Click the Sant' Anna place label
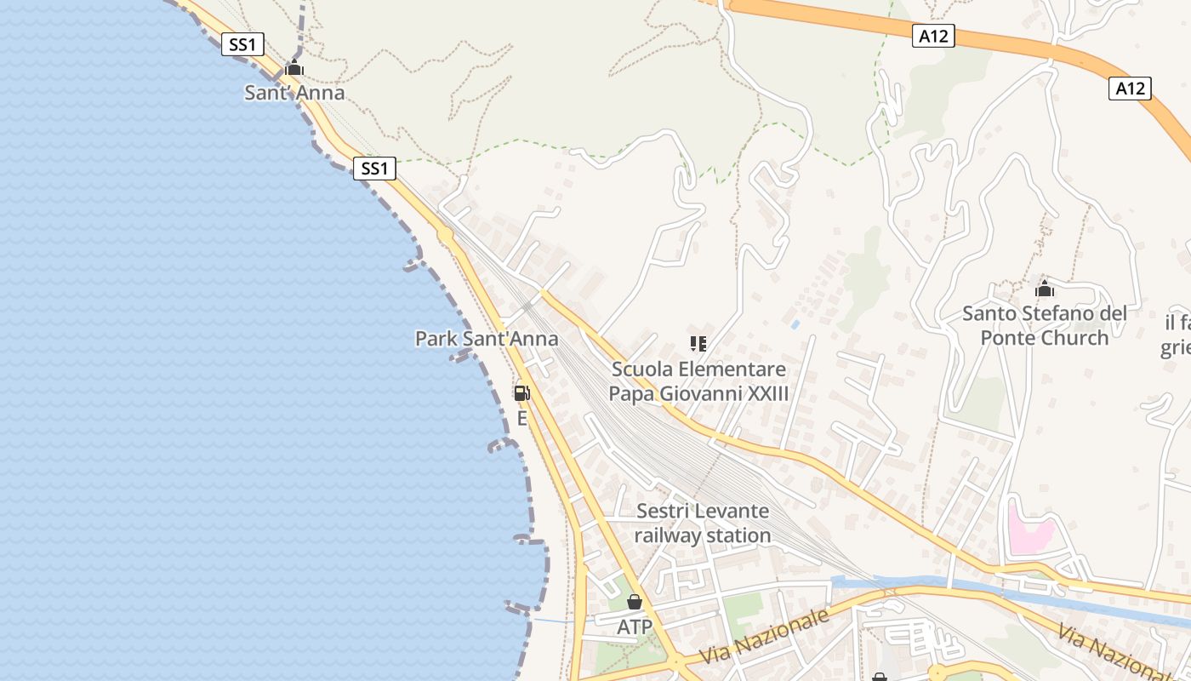294,93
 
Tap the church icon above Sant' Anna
294,68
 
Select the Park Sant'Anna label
487,339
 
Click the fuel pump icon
521,393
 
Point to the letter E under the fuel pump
521,419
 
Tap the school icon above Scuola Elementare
698,344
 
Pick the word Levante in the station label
727,512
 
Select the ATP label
635,627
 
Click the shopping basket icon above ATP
635,603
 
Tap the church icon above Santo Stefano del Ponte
1045,289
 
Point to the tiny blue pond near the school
795,324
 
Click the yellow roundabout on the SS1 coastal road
444,234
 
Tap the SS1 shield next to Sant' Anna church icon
242,44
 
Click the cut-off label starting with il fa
1176,335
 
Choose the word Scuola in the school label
641,370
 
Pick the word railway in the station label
669,535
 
